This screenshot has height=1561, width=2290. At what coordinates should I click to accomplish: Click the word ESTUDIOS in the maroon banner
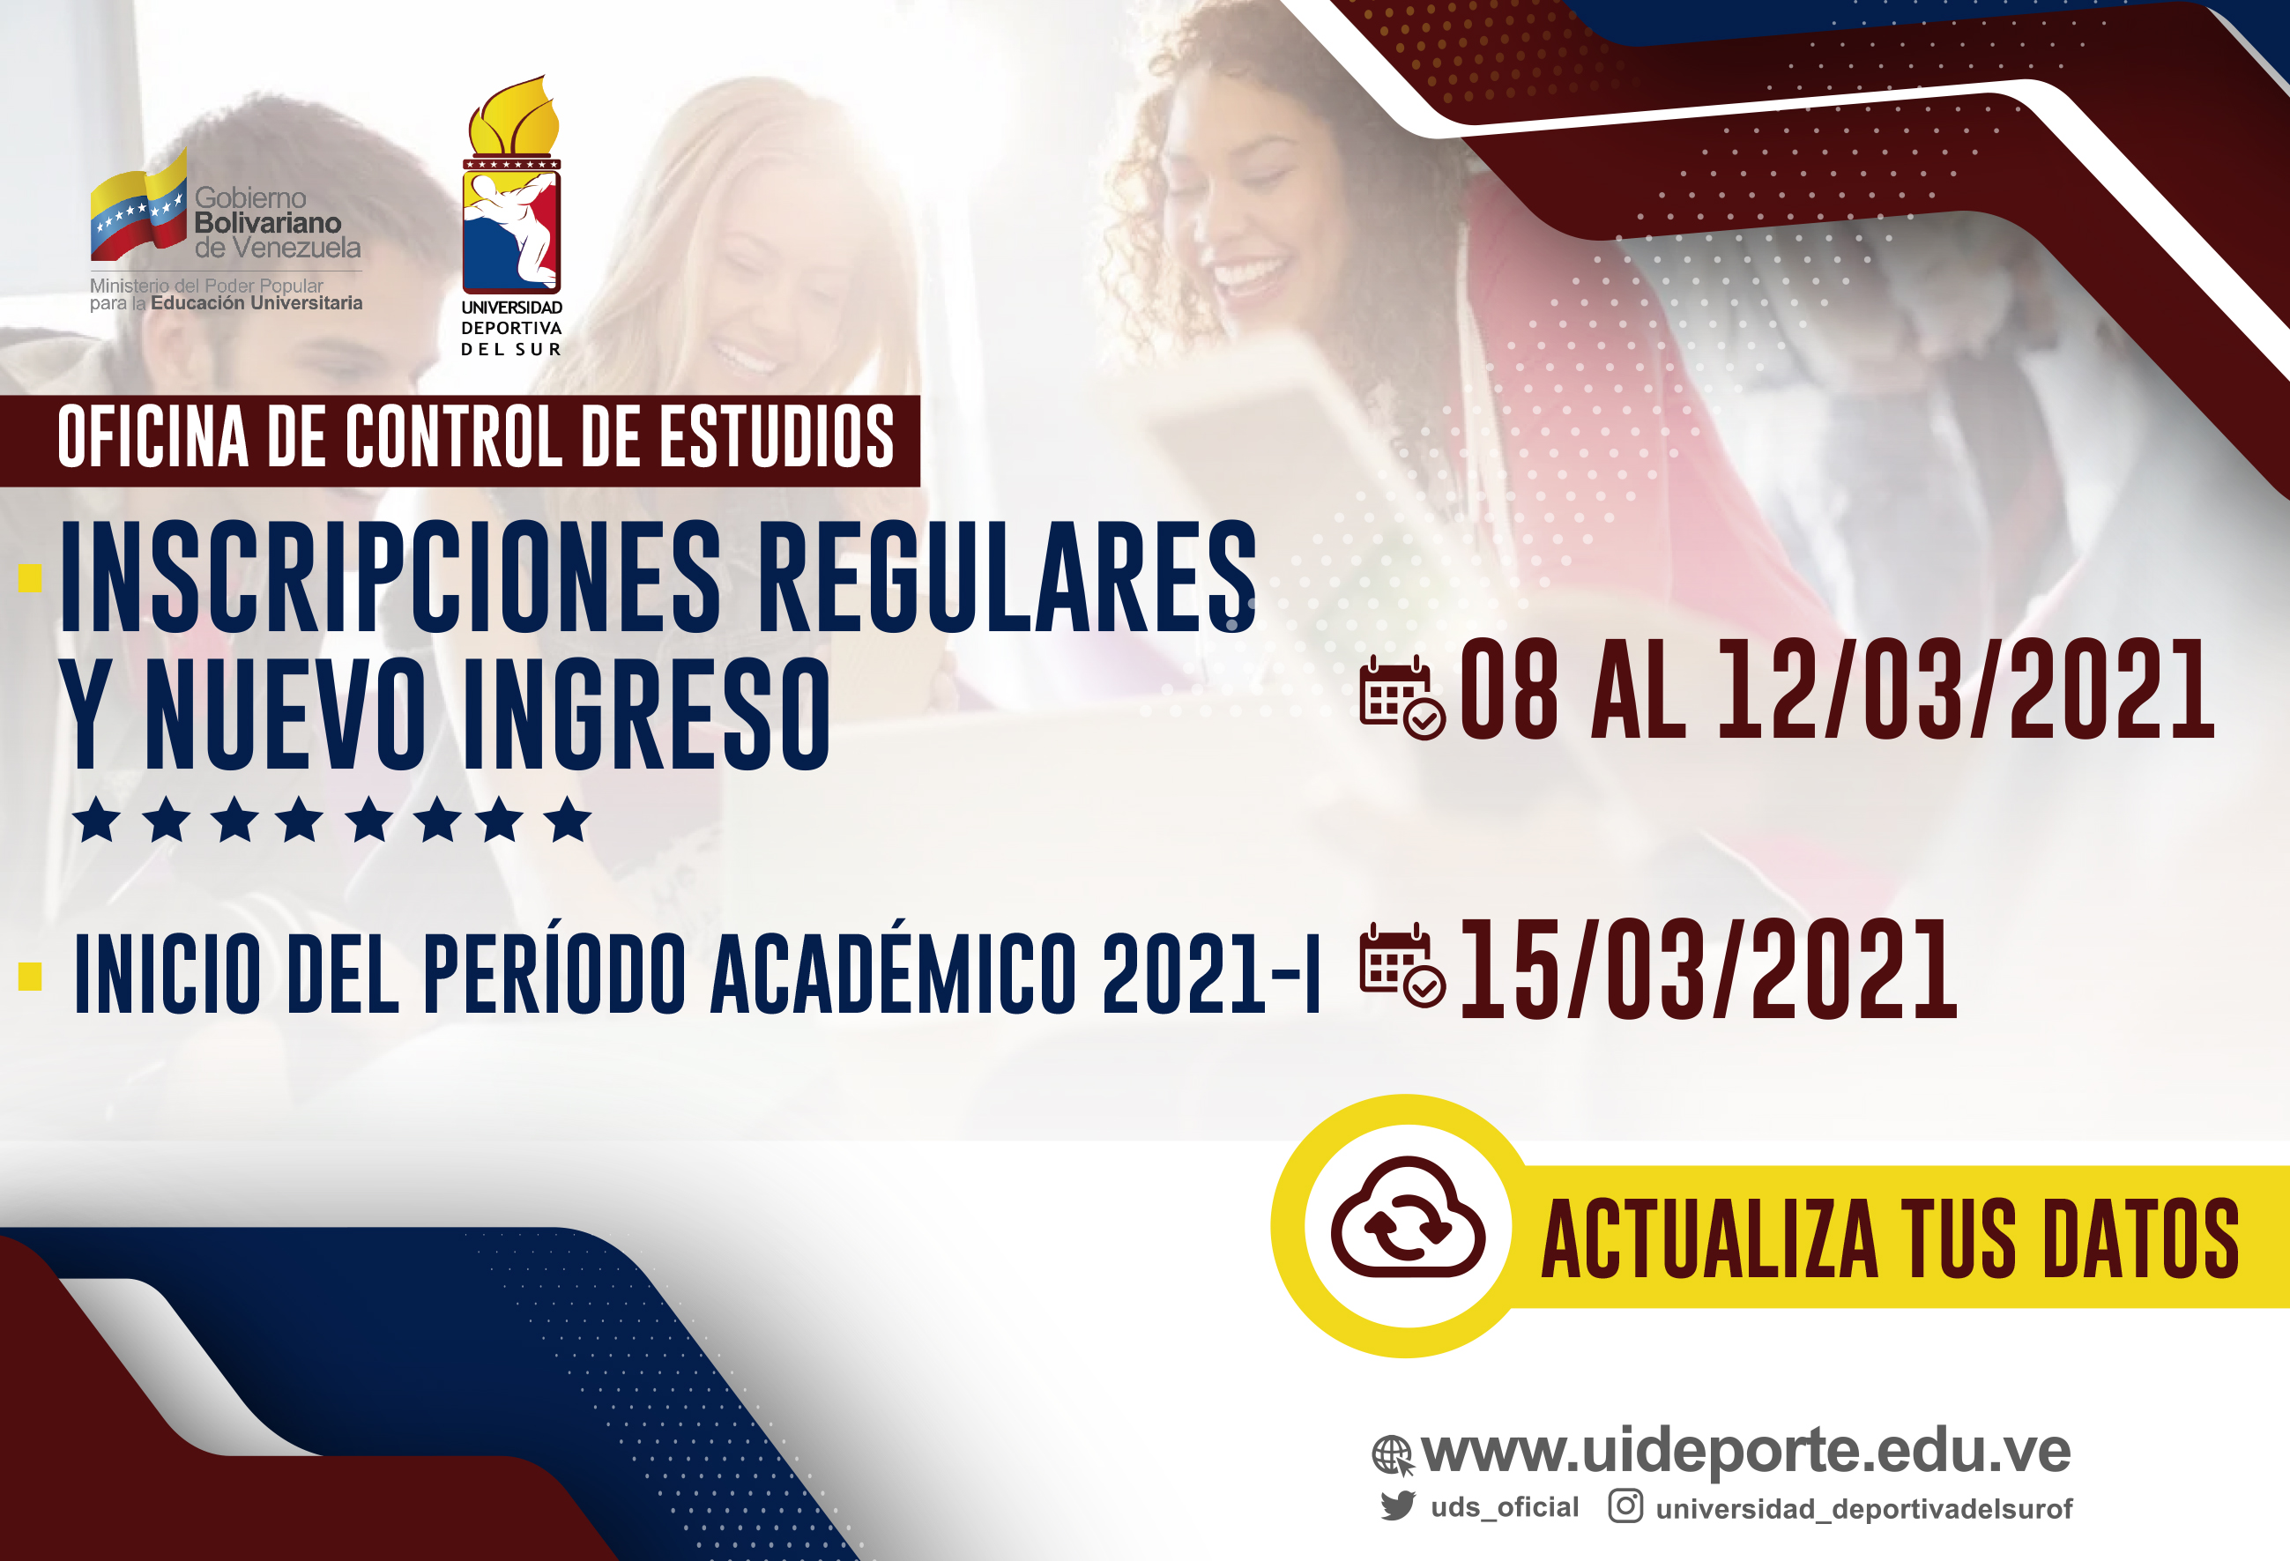tap(777, 436)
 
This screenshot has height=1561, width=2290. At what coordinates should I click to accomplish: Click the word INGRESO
tap(646, 712)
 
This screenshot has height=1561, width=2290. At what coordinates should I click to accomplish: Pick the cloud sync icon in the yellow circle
tap(1408, 1219)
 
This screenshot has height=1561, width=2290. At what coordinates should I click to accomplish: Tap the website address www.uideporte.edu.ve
tap(1746, 1451)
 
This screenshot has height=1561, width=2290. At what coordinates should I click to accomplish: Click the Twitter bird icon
tap(1397, 1505)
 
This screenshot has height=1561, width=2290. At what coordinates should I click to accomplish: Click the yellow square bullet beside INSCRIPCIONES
tap(31, 578)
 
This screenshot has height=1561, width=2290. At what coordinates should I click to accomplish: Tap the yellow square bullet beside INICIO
tap(31, 976)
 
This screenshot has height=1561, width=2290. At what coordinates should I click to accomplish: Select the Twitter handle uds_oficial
tap(1505, 1507)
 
